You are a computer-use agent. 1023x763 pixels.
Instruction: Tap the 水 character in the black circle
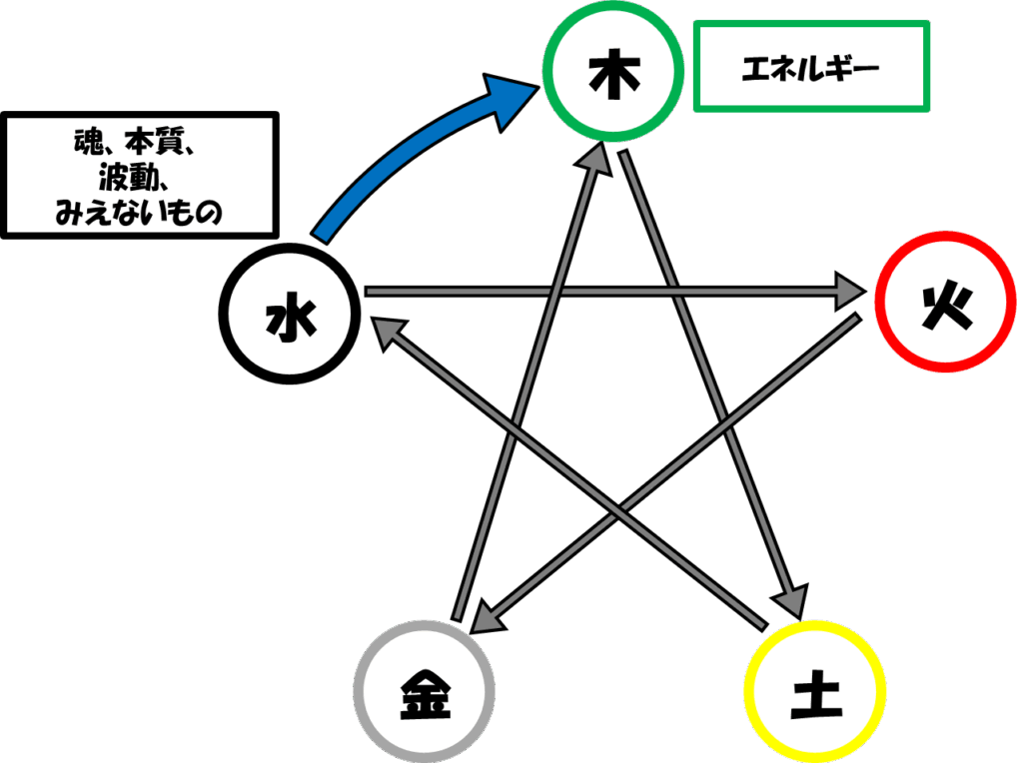click(291, 316)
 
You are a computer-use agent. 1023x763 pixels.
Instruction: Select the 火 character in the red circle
click(947, 309)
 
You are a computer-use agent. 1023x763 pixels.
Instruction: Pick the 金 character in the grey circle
click(425, 694)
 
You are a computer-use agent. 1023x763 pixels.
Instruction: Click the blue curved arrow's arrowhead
click(511, 99)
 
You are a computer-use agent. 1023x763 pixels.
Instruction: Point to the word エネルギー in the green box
click(810, 68)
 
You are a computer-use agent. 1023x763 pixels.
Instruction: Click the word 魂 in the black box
click(88, 142)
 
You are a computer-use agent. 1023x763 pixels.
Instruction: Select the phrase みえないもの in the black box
click(139, 213)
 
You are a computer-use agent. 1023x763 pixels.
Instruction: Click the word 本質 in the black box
click(155, 142)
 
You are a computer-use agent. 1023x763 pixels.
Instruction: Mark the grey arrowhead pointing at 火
click(850, 292)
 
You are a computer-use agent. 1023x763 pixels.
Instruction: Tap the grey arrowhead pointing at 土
click(791, 599)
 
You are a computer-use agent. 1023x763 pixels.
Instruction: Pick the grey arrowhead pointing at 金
click(489, 616)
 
